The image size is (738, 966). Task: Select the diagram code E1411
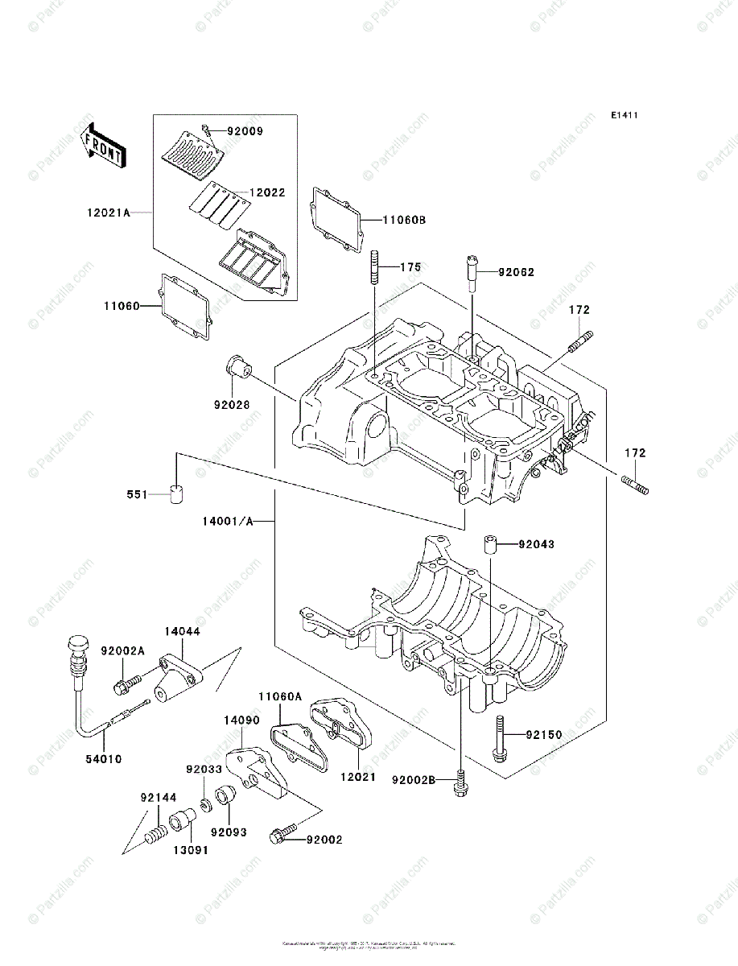[624, 116]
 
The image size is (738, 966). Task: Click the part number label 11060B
[404, 219]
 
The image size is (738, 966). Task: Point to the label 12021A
[109, 213]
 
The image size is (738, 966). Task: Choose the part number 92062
[516, 273]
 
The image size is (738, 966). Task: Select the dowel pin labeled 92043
[489, 544]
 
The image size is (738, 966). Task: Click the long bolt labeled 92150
[499, 737]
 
